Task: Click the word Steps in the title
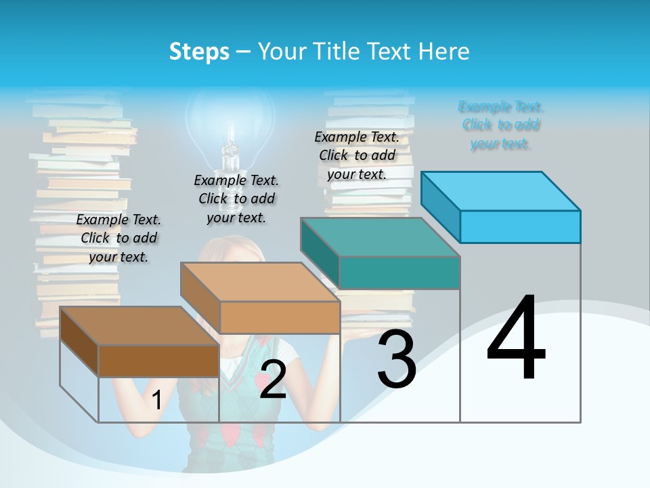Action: pos(199,52)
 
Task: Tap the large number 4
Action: pos(516,339)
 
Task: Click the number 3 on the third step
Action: pos(396,359)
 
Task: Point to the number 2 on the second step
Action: pos(273,380)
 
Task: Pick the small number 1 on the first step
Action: pos(156,400)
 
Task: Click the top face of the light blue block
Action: pos(501,190)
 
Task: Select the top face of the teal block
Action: pos(381,237)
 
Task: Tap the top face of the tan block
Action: pos(260,281)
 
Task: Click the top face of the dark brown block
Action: pos(139,326)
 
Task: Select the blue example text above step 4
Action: pos(501,125)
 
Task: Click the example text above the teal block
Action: pos(357,155)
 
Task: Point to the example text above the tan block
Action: pos(236,199)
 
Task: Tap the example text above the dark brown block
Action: pos(118,238)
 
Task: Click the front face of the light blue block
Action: pos(520,226)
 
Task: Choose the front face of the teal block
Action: pos(399,272)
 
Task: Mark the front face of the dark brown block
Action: pos(158,361)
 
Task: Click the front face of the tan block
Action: pos(280,317)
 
